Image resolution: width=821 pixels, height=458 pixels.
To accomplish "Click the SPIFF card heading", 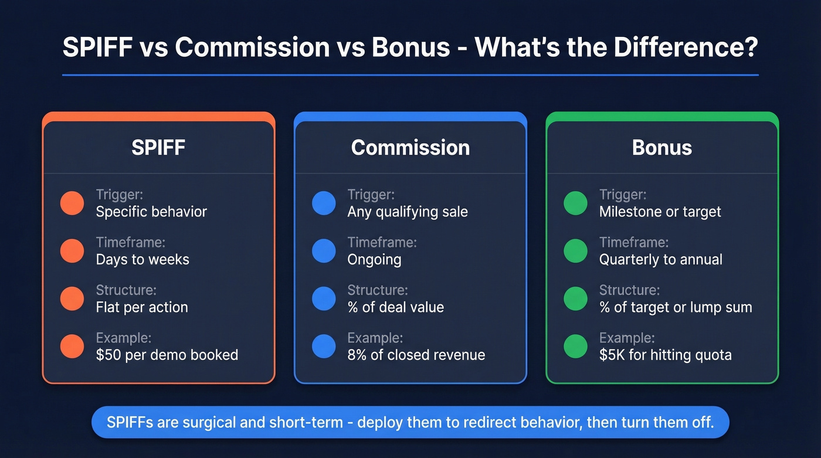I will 158,147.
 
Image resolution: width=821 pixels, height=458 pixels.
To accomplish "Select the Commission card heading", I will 410,147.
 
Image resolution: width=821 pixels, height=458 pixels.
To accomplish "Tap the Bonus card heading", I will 662,147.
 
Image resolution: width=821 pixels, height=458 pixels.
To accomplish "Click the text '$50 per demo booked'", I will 167,355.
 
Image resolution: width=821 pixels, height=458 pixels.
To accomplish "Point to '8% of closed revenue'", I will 416,355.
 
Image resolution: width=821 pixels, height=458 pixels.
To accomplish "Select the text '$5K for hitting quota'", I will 665,355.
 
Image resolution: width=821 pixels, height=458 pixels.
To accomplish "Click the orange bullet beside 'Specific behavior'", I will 72,203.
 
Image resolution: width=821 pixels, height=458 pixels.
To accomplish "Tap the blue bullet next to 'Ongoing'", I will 324,251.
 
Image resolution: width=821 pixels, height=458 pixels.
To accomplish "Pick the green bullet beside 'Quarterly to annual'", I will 575,251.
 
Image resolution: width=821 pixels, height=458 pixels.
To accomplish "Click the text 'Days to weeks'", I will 143,259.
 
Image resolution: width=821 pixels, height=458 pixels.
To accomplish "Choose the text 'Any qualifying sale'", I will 408,212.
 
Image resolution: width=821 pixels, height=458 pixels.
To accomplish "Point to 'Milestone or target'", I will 660,212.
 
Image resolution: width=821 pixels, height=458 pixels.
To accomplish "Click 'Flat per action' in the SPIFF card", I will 142,307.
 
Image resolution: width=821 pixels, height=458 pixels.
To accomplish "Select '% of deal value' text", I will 395,307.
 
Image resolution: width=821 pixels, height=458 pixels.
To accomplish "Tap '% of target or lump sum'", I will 676,307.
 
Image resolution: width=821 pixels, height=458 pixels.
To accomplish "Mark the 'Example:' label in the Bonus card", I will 627,338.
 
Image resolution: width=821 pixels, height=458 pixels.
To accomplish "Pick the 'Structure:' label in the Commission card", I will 377,290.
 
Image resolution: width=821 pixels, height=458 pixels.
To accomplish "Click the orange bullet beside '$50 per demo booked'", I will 72,347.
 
